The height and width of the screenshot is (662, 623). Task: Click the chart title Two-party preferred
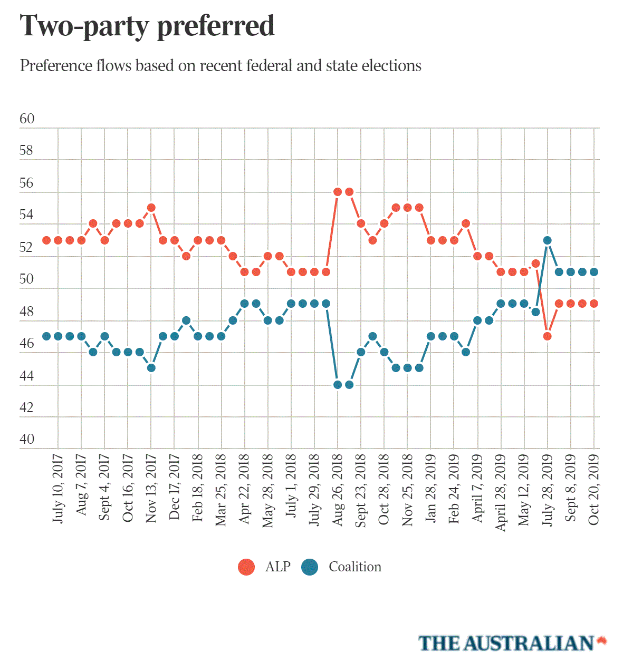tap(147, 26)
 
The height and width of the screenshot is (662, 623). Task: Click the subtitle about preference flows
tap(221, 66)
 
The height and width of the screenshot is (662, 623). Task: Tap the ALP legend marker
tap(246, 567)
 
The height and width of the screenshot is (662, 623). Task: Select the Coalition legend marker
tap(310, 567)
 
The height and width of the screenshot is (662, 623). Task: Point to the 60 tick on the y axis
tap(27, 119)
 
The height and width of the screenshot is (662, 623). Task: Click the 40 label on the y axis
tap(27, 440)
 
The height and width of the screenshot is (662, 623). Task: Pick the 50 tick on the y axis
tap(27, 279)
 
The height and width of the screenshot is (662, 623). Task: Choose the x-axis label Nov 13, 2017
tap(151, 489)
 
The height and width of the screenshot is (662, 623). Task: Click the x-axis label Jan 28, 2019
tap(431, 489)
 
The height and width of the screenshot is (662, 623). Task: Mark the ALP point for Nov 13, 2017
tap(151, 208)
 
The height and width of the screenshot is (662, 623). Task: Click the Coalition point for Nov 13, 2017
tap(151, 368)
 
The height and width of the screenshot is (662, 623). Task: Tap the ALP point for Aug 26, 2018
tap(338, 192)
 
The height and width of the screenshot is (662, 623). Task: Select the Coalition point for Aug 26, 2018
tap(338, 385)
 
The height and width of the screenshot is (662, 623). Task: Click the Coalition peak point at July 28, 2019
tap(548, 240)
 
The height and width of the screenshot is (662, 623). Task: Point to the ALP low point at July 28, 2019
tap(548, 336)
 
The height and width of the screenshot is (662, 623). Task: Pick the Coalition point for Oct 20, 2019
tap(594, 272)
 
